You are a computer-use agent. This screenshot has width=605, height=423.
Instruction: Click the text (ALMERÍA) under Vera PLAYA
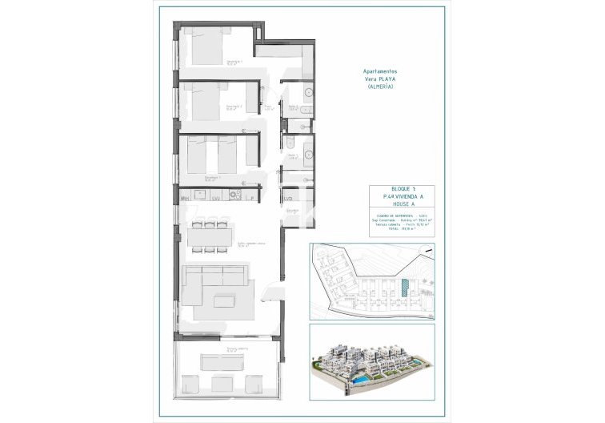(x=381, y=87)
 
